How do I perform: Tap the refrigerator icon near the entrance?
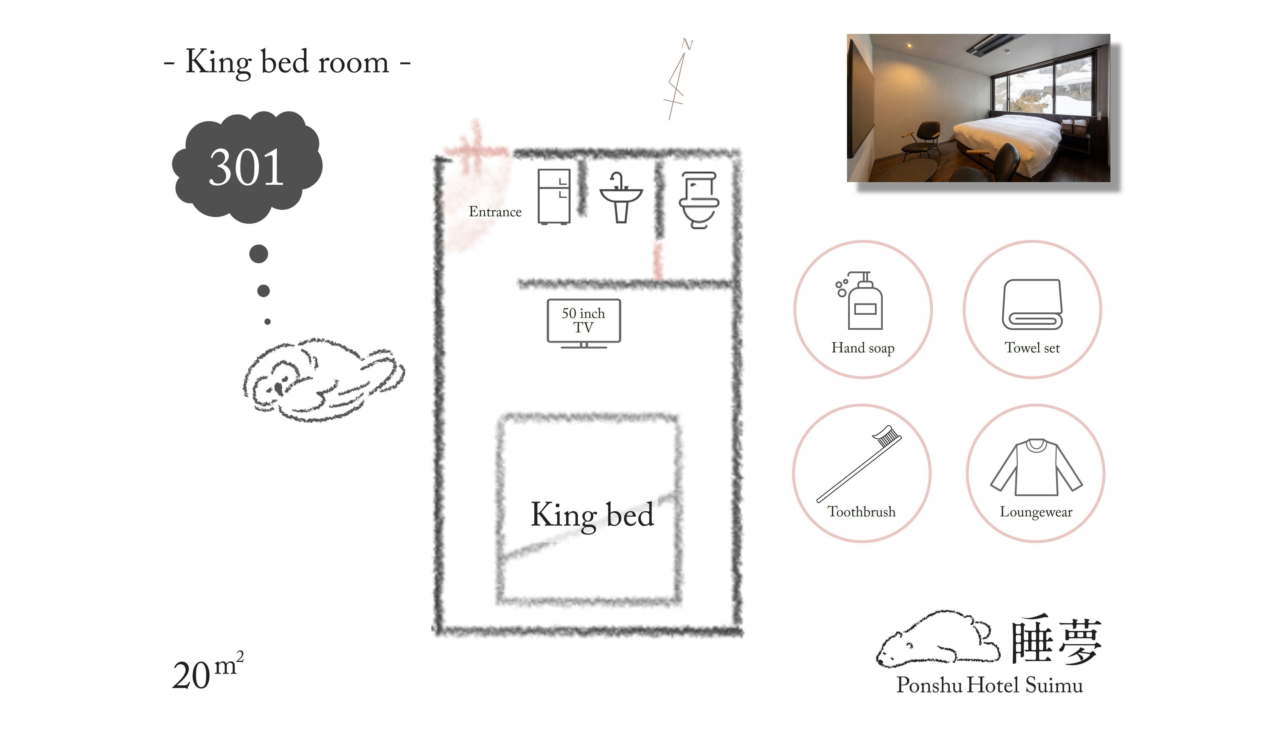554,197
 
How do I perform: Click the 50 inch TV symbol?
583,322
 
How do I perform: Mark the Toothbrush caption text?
861,512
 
